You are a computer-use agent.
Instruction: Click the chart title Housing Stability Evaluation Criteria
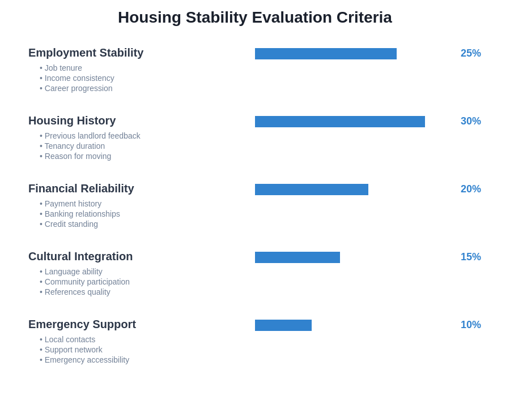click(x=255, y=18)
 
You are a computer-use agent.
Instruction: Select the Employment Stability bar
click(x=326, y=54)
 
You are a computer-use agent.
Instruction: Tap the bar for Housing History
click(x=340, y=122)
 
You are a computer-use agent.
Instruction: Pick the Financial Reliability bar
click(x=312, y=190)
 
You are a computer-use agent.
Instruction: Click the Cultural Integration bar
click(x=297, y=257)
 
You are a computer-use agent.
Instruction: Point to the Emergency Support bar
click(x=283, y=325)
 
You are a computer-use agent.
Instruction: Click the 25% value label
click(x=470, y=53)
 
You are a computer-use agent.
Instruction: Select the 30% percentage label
click(x=470, y=121)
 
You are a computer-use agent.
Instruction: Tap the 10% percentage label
click(x=470, y=325)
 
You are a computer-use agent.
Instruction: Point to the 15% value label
click(x=470, y=257)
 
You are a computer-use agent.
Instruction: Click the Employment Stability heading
click(x=86, y=53)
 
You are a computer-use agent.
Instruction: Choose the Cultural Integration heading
click(x=80, y=256)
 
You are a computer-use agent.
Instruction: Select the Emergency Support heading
click(x=82, y=324)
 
